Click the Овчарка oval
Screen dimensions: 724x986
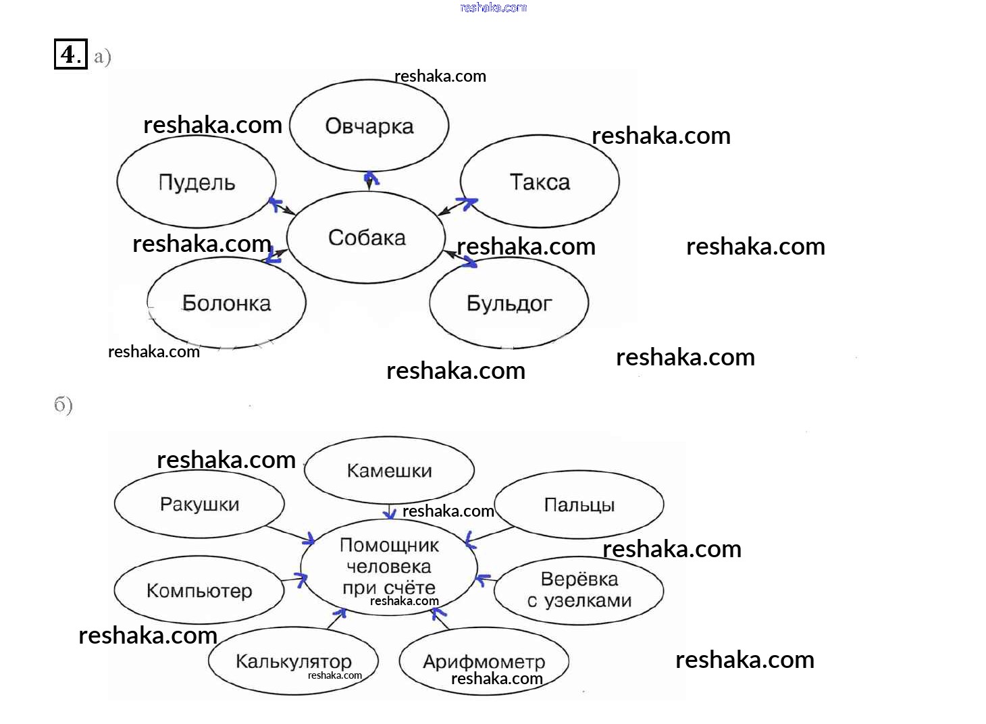pos(369,126)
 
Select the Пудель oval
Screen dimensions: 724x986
pos(197,182)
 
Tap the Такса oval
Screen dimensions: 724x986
pos(540,182)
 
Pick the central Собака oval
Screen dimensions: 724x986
pos(366,237)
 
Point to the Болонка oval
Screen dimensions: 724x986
pos(226,303)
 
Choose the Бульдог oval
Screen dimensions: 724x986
pos(509,303)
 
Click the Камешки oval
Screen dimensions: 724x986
pos(389,471)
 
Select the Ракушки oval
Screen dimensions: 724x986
pos(199,504)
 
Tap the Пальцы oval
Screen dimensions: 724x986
pos(579,505)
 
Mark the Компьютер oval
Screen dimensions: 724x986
pos(199,590)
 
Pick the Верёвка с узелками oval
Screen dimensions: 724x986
pos(579,590)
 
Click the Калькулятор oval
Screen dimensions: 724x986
pos(293,661)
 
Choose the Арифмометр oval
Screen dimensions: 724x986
pos(484,661)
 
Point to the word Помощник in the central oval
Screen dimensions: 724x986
pos(389,545)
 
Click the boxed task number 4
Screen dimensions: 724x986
pos(70,54)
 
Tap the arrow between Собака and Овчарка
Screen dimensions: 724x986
pos(369,180)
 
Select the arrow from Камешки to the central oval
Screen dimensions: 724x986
pos(390,512)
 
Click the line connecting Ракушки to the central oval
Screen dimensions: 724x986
pos(290,534)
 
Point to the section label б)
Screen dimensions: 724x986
pos(63,405)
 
